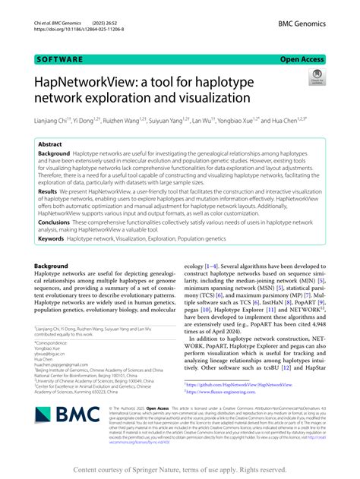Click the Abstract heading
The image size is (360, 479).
(x=50, y=143)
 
